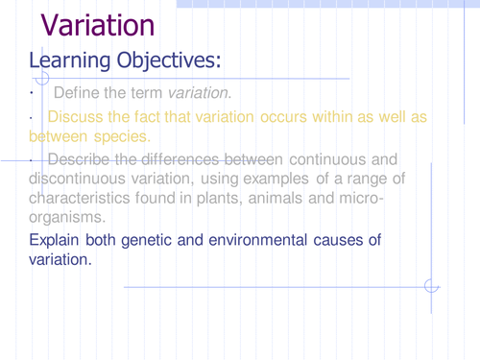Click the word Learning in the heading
[x=69, y=62]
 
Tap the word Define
[x=77, y=93]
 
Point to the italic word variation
[x=199, y=93]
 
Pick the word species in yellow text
[x=123, y=136]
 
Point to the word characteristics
[x=80, y=199]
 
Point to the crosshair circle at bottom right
[x=431, y=285]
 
